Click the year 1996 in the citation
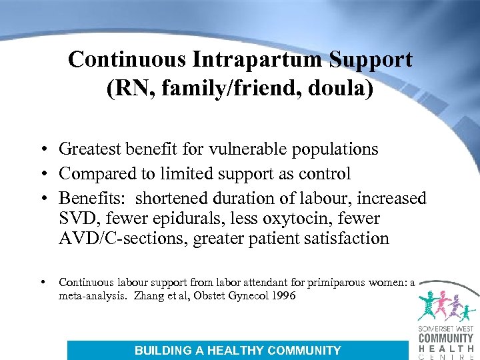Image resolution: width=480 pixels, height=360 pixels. coord(283,296)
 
